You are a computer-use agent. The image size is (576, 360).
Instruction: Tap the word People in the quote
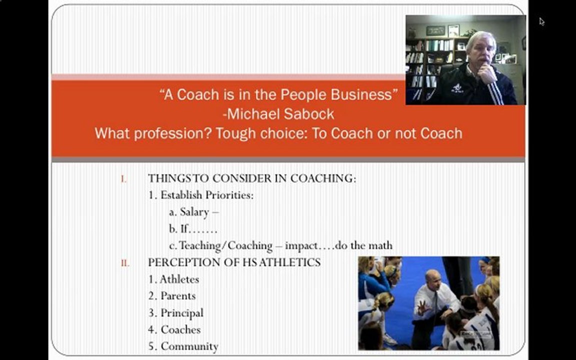click(x=304, y=94)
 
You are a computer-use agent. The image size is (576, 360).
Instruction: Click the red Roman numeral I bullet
click(x=123, y=178)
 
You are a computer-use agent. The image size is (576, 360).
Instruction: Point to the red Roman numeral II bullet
click(x=124, y=262)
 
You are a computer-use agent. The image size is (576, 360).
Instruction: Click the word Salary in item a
click(x=194, y=212)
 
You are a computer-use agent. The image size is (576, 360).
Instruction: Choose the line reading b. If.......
click(x=193, y=229)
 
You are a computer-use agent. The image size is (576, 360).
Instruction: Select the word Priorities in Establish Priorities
click(x=229, y=195)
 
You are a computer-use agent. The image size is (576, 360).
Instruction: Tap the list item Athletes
click(x=179, y=279)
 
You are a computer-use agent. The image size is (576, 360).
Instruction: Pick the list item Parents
click(x=178, y=296)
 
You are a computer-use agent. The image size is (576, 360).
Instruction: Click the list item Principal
click(x=182, y=313)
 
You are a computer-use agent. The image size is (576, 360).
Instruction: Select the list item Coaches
click(x=180, y=330)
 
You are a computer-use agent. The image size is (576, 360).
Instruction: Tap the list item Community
click(x=189, y=346)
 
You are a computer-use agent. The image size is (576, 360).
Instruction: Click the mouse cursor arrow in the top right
click(x=542, y=21)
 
